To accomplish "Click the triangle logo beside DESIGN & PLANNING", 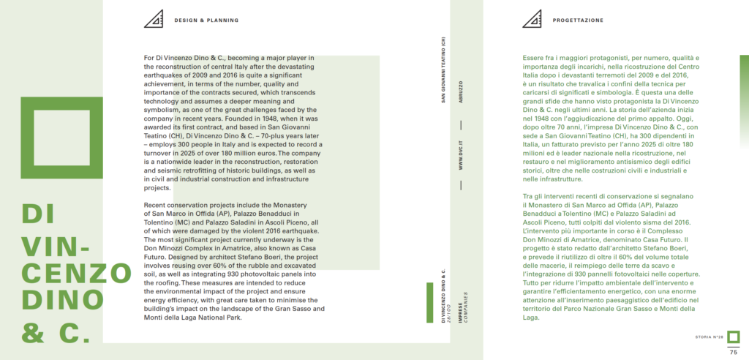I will pos(154,19).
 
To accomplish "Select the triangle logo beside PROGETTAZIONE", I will pos(532,19).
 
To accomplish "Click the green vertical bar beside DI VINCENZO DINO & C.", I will pos(429,302).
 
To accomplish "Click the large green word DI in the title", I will pos(39,213).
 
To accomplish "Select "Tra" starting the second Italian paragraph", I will pos(530,197).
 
